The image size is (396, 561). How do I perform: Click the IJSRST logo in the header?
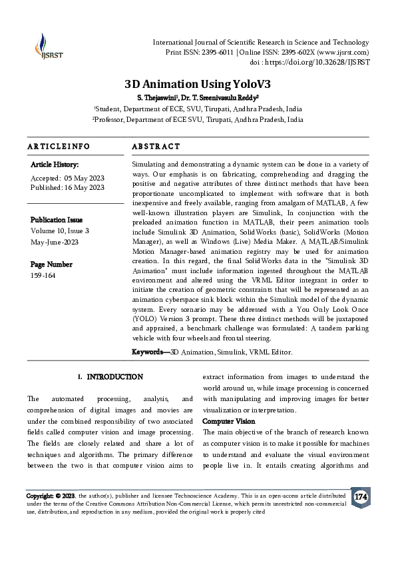(44, 46)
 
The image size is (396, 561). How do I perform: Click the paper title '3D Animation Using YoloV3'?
(198, 85)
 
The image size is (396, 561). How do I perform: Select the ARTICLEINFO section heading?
(58, 146)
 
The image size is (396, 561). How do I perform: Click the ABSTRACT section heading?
(156, 146)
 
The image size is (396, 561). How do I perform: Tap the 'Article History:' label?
(55, 164)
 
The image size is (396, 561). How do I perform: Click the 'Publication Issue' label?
(57, 219)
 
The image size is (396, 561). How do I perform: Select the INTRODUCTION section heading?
(114, 377)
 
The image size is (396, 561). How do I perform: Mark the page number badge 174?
(360, 498)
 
